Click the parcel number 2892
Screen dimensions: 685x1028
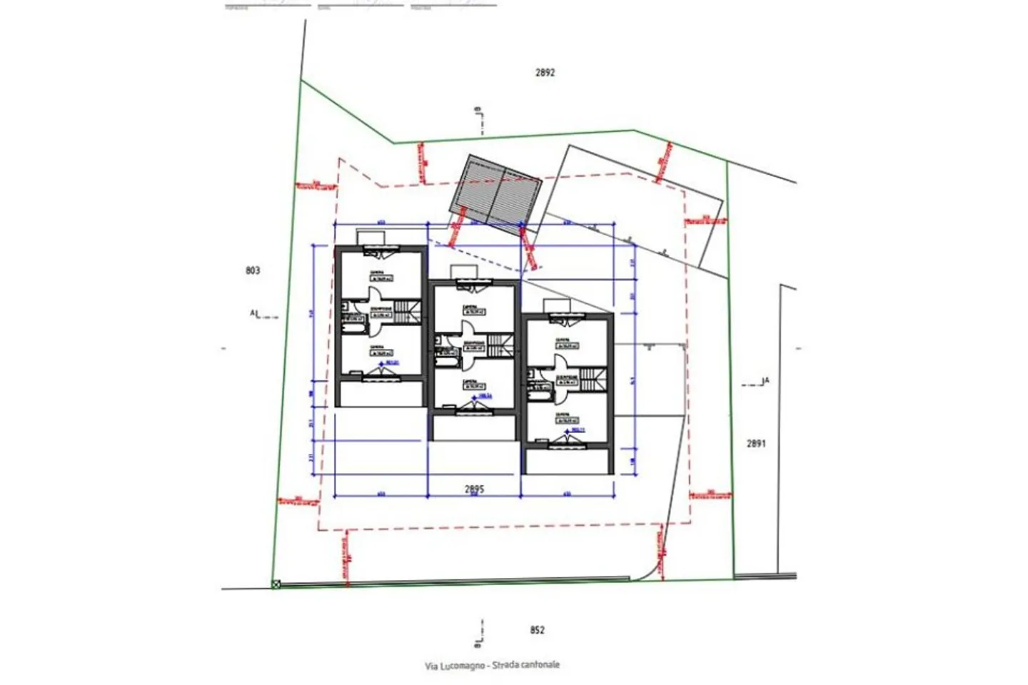coord(545,72)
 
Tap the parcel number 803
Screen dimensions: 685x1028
coord(252,270)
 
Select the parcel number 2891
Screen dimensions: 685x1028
coord(756,443)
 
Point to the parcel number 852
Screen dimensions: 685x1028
coord(537,629)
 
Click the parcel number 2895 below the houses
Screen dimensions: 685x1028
coord(474,489)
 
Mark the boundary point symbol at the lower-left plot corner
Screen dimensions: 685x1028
coord(276,584)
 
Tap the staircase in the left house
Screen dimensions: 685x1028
coord(405,311)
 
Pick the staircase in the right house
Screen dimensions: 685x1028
coord(590,379)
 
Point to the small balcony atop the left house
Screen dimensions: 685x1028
coord(371,237)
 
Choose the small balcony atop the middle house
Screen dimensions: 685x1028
coord(463,272)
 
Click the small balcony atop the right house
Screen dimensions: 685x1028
coord(557,306)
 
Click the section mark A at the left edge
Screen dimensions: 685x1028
coord(255,313)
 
